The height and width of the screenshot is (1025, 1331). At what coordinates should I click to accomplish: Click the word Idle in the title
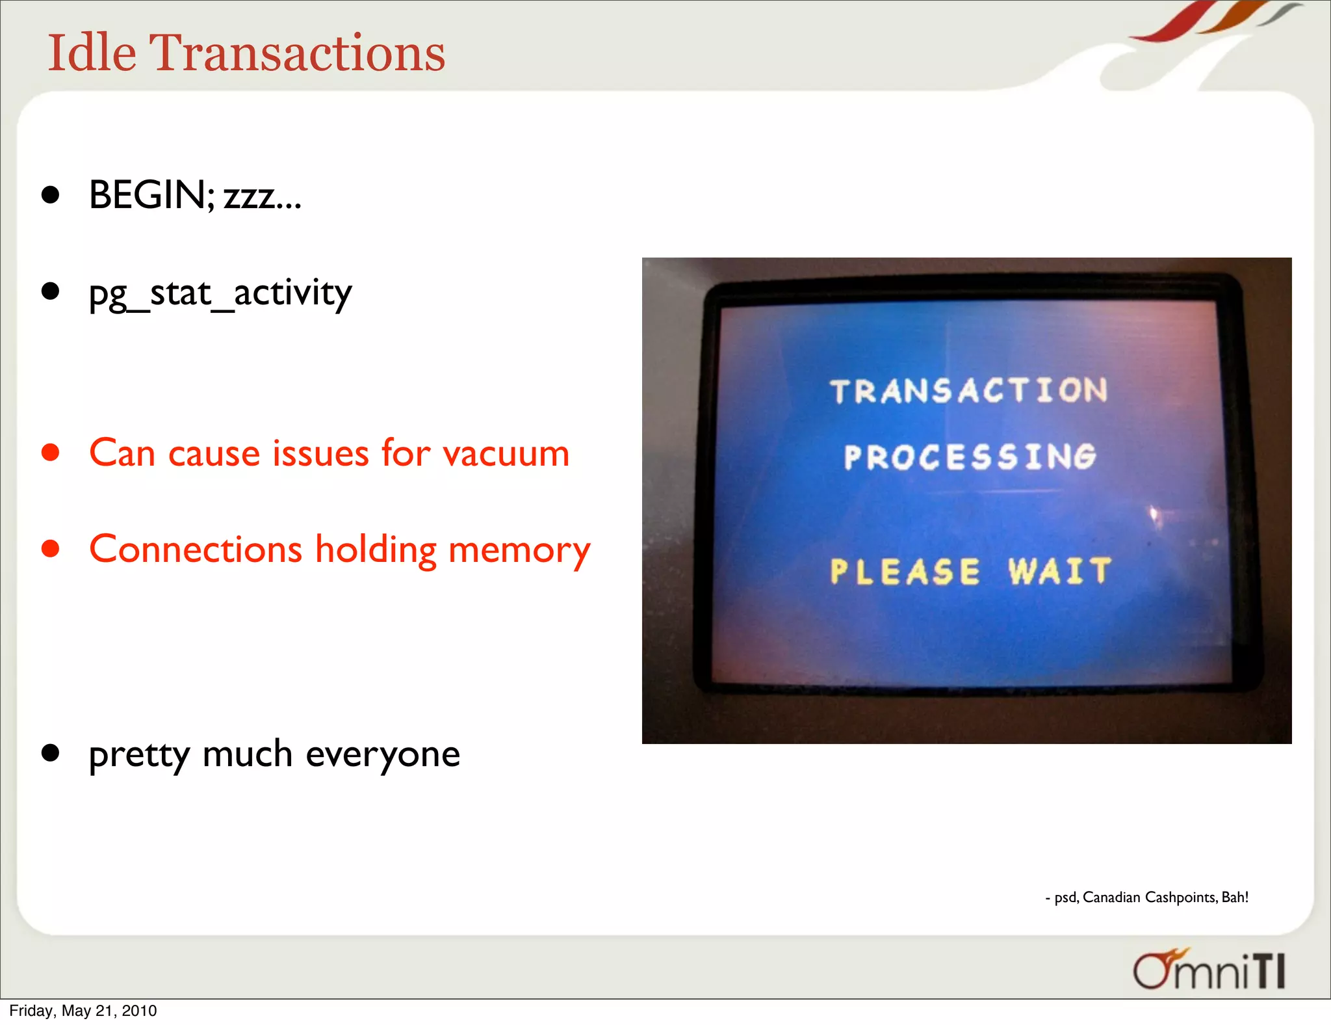coord(92,52)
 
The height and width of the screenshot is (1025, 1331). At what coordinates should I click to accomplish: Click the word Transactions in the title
coord(298,52)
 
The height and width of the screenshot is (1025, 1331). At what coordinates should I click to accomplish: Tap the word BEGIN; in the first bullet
coord(151,194)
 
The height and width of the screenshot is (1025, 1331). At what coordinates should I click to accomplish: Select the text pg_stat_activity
coord(220,293)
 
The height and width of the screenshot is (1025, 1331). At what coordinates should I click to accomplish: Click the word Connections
coord(196,550)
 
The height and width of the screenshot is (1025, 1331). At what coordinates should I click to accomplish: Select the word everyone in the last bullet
coord(383,755)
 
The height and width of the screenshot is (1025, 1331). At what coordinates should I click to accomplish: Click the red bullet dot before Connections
coord(51,549)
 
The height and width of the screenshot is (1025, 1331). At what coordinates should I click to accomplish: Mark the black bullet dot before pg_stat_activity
coord(51,291)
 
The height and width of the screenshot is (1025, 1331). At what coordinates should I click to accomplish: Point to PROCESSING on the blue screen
coord(970,457)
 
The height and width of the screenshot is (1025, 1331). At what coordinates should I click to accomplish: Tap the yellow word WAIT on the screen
coord(1059,572)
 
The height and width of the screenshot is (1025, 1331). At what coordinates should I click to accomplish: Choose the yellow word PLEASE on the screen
coord(905,572)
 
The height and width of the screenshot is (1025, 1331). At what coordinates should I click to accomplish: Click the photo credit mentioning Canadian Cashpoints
coord(1147,898)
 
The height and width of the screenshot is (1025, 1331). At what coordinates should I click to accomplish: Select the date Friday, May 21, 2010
coord(83,1011)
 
